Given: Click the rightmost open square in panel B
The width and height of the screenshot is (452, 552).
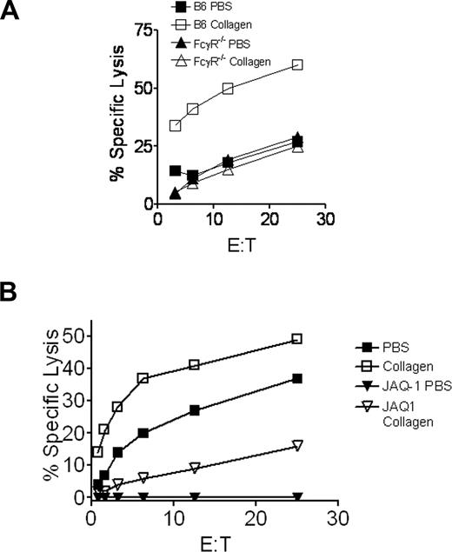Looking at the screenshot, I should [297, 338].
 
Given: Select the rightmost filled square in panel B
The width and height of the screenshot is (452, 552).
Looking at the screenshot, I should [297, 378].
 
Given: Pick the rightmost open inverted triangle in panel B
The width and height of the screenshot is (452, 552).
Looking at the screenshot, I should [297, 445].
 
